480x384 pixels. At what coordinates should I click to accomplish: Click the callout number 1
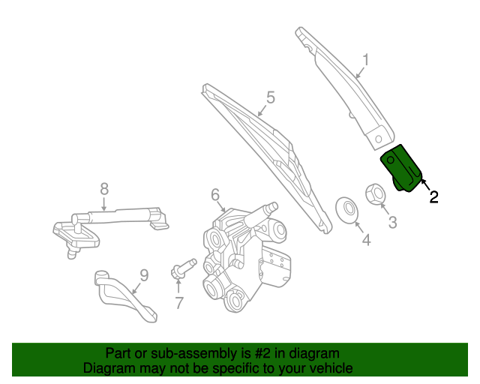(x=365, y=60)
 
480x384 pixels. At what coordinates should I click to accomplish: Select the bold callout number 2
(x=433, y=197)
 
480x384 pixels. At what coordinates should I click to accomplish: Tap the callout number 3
(x=392, y=222)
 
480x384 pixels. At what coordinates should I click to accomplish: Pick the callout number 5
(x=271, y=97)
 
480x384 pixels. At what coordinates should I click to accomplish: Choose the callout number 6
(x=215, y=194)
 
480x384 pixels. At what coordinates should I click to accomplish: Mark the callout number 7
(x=179, y=302)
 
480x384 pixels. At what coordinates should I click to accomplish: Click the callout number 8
(x=104, y=189)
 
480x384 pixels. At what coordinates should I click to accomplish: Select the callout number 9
(x=144, y=275)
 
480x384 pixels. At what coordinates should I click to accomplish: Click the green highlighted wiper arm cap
(x=402, y=169)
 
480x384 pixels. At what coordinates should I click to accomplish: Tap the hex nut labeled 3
(x=376, y=193)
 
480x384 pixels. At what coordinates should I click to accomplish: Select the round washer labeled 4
(x=346, y=210)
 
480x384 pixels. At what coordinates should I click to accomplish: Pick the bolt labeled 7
(x=183, y=268)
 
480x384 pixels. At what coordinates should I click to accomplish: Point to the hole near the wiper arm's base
(x=378, y=139)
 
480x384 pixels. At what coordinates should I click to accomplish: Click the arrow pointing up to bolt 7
(x=178, y=286)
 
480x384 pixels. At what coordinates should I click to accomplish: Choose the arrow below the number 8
(x=104, y=204)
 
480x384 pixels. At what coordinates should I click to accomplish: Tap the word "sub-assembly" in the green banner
(x=193, y=354)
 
